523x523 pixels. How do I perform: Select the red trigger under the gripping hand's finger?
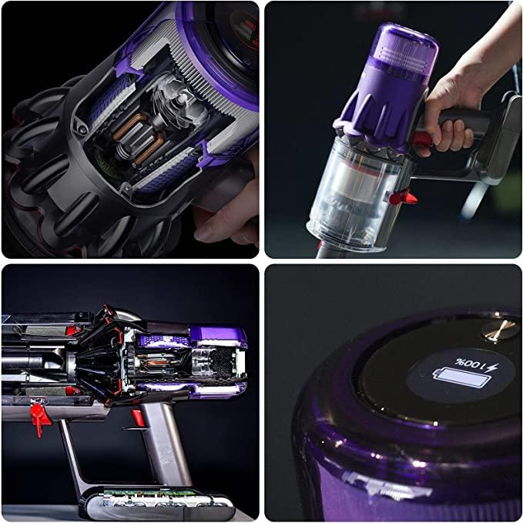(x=423, y=139)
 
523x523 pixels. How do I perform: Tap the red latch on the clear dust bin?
(x=404, y=196)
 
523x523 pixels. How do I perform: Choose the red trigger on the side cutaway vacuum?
(x=138, y=417)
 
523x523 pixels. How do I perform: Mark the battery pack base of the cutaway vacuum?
(x=157, y=502)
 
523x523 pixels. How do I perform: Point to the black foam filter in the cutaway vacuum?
(x=222, y=364)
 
